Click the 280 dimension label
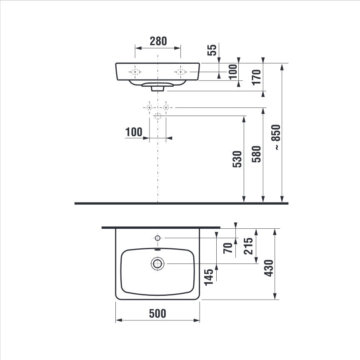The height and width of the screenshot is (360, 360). tap(158, 41)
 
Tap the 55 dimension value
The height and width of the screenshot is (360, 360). tap(212, 50)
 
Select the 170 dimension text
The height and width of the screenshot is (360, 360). tap(256, 77)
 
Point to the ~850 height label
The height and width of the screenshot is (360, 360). tap(276, 137)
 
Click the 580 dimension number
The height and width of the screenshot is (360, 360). tap(256, 154)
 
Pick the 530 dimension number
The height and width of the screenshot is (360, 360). tap(237, 159)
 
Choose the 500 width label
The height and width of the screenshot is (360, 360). tap(157, 313)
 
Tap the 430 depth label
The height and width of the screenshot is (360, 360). tap(269, 268)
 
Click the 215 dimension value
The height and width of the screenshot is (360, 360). tap(248, 246)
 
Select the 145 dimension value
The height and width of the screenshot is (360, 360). tap(209, 277)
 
